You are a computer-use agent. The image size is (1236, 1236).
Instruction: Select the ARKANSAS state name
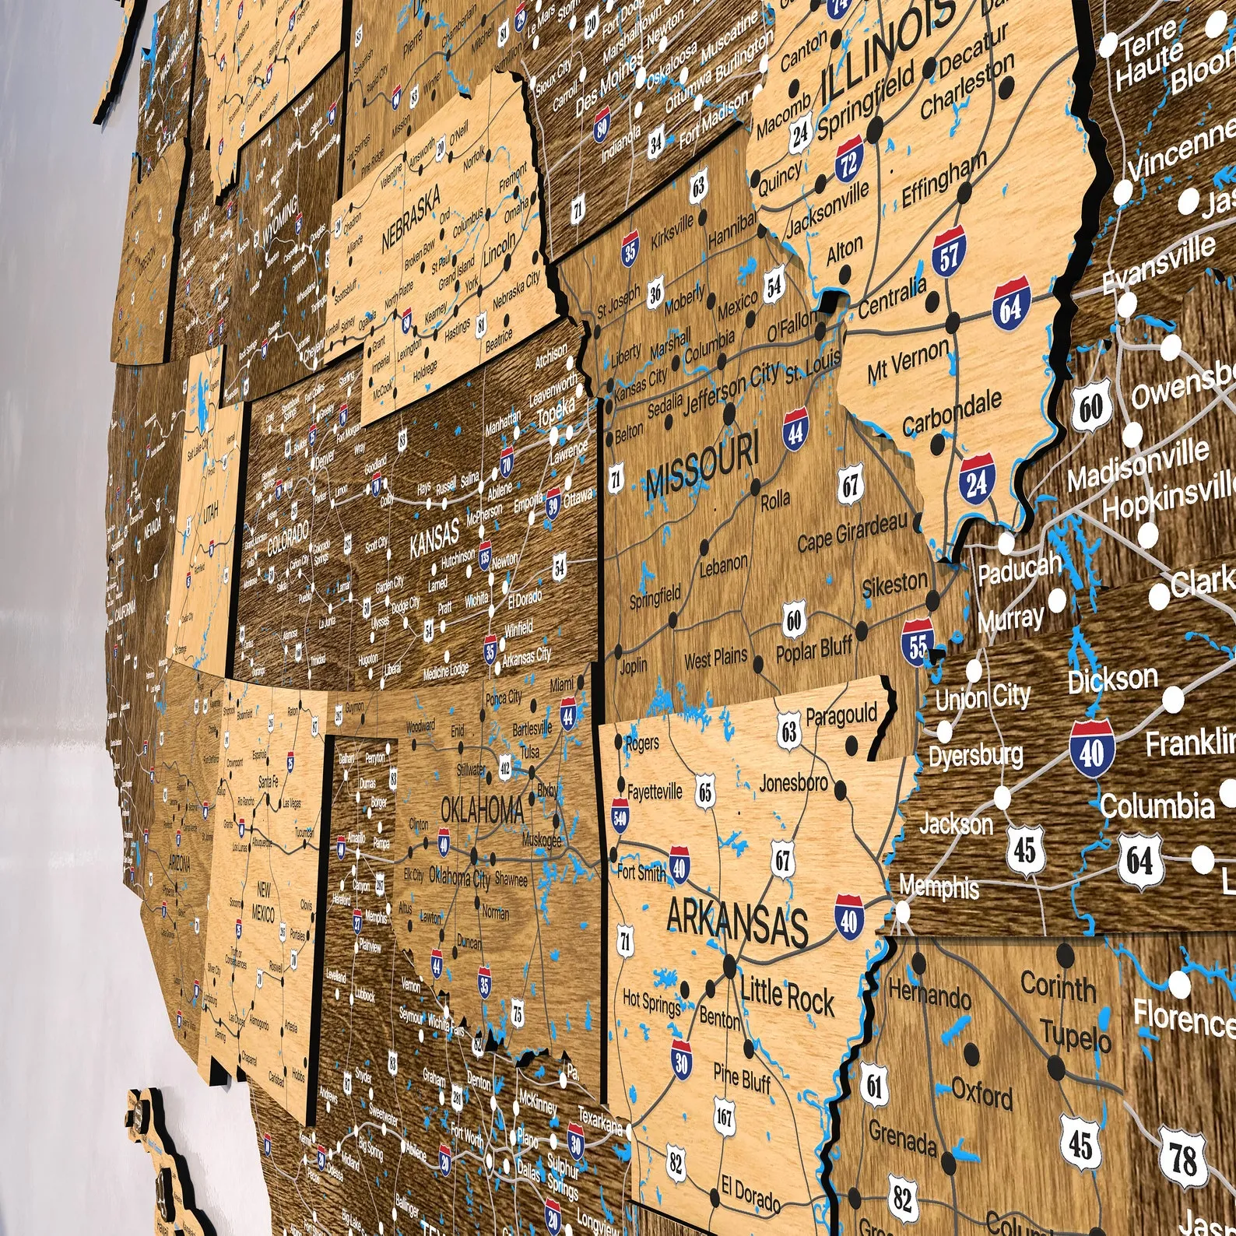(736, 922)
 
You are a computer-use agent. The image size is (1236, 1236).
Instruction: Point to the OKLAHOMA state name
(483, 809)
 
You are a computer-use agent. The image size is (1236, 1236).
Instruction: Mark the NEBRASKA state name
(410, 217)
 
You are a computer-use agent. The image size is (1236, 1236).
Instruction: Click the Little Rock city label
(787, 995)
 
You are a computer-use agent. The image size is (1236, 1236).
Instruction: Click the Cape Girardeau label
(852, 532)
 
